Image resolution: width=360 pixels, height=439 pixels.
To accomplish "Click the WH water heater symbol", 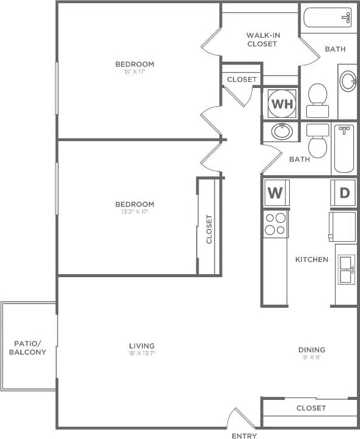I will (x=282, y=104).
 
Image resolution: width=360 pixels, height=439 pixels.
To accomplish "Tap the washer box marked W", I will (x=275, y=194).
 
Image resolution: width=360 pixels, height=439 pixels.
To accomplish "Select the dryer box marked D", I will (x=344, y=194).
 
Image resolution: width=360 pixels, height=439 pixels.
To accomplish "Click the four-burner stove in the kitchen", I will (x=276, y=223).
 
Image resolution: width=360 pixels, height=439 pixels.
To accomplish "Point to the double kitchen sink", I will (x=345, y=269).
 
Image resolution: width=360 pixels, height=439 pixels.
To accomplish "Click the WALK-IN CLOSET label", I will (x=262, y=40).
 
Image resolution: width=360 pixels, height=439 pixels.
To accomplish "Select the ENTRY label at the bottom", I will (x=244, y=436).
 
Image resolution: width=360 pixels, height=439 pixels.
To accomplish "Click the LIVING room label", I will (x=142, y=346).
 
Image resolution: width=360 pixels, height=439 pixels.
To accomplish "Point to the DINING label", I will (x=311, y=350).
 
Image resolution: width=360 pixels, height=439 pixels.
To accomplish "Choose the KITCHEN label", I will (x=312, y=259).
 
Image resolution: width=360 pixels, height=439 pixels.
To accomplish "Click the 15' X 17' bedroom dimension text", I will (x=134, y=72).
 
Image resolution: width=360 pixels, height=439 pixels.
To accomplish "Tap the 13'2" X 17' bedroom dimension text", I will (x=134, y=212).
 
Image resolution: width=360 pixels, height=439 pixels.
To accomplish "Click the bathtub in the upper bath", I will (x=328, y=19).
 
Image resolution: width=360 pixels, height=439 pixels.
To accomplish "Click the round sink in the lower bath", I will (x=282, y=131).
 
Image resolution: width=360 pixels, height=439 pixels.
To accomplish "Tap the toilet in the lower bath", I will (x=317, y=142).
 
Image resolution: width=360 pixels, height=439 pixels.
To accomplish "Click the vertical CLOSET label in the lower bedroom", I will (x=209, y=229).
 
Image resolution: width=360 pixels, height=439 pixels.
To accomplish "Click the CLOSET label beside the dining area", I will (x=311, y=408).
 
